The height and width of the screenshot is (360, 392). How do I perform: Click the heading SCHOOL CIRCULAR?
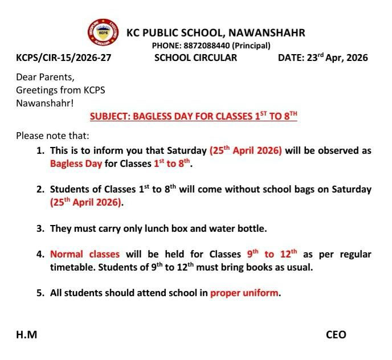pos(195,58)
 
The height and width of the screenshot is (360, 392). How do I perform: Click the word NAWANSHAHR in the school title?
pos(267,33)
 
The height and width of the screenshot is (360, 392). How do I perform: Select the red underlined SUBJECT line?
pos(194,116)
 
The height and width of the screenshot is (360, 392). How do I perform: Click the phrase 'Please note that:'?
pos(52,136)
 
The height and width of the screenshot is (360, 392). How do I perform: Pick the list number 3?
pos(40,228)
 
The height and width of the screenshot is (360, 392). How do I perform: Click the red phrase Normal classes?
pos(85,254)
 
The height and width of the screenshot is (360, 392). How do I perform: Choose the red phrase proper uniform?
pos(244,293)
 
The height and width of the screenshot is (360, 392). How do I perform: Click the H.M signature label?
pos(26,334)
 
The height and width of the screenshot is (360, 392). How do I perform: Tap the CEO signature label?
pos(336,334)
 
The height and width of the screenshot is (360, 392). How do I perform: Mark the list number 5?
pos(40,293)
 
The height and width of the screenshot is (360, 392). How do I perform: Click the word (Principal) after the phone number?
pos(251,46)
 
